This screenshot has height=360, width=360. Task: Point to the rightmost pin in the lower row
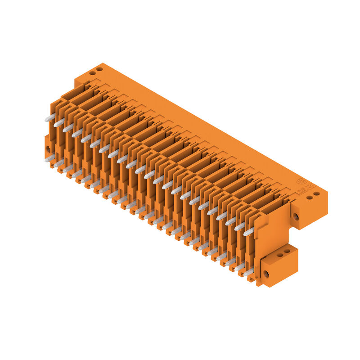pyautogui.click(x=247, y=272)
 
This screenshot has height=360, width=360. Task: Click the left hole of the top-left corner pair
pyautogui.click(x=92, y=72)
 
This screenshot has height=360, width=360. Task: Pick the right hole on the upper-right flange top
pyautogui.click(x=316, y=194)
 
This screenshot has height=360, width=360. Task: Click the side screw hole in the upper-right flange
pyautogui.click(x=296, y=216)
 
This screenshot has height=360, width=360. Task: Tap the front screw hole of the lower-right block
pyautogui.click(x=266, y=273)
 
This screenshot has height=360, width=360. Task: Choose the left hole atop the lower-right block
pyautogui.click(x=279, y=255)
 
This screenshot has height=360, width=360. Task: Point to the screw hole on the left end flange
pyautogui.click(x=48, y=148)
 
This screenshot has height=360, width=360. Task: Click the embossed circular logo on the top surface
pyautogui.click(x=299, y=182)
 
